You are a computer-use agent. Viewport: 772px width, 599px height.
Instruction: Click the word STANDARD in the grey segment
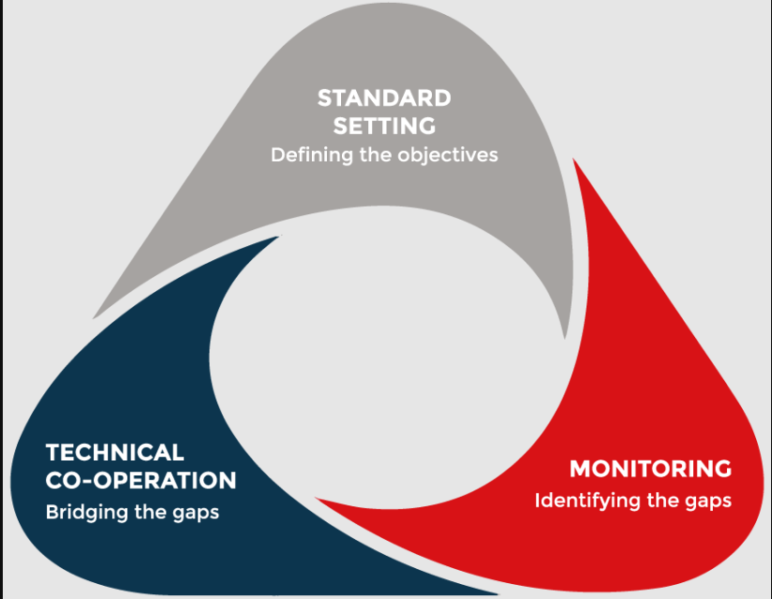pos(384,98)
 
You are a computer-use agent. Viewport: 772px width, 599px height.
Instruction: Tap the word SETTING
pos(384,126)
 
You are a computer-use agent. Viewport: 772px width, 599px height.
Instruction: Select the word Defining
pos(312,155)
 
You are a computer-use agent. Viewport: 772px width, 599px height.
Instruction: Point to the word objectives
pos(448,155)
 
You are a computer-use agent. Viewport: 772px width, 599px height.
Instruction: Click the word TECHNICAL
pos(114,452)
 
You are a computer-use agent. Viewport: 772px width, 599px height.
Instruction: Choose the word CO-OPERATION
pos(141,480)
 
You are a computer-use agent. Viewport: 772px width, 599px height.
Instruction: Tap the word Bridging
pos(87,513)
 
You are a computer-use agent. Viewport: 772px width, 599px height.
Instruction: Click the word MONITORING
pos(650,469)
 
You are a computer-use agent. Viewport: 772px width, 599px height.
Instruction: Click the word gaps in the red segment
pos(708,502)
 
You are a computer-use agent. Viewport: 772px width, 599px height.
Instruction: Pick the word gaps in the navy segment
pos(196,514)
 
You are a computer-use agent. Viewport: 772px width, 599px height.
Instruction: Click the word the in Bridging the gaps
pos(151,513)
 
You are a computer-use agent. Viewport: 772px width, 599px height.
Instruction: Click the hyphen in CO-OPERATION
pos(86,481)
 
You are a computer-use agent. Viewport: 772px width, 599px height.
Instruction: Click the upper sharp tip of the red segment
pos(573,158)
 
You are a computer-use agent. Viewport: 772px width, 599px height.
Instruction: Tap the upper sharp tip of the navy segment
pos(278,237)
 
